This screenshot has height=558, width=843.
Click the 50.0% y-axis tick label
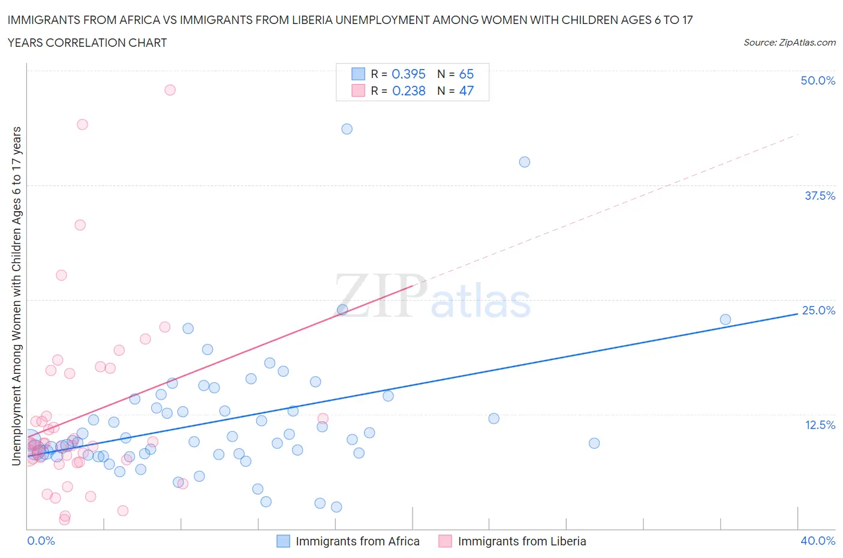coord(817,80)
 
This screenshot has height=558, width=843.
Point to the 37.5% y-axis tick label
coord(819,196)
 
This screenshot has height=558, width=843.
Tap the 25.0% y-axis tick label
coord(818,310)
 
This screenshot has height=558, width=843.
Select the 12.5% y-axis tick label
coord(819,425)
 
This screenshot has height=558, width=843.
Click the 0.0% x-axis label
coord(41,541)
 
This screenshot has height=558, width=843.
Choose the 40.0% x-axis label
coord(818,541)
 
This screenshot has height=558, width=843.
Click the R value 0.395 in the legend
coord(408,74)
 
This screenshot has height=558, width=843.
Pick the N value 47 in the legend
coord(466,91)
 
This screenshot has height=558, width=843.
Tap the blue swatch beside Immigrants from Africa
coord(283,541)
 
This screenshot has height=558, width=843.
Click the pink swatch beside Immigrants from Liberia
coord(445,541)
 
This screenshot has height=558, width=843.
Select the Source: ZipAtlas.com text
coord(789,43)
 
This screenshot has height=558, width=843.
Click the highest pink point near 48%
coord(170,90)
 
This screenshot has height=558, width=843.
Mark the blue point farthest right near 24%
coord(725,319)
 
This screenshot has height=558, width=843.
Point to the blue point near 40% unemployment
coord(524,162)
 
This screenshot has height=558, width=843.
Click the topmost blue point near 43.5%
coord(347,129)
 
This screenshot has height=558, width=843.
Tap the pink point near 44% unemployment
coord(82,124)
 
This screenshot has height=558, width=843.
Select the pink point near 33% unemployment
coord(80,225)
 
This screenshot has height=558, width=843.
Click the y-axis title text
coord(16,296)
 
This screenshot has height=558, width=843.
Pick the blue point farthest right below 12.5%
coord(594,443)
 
